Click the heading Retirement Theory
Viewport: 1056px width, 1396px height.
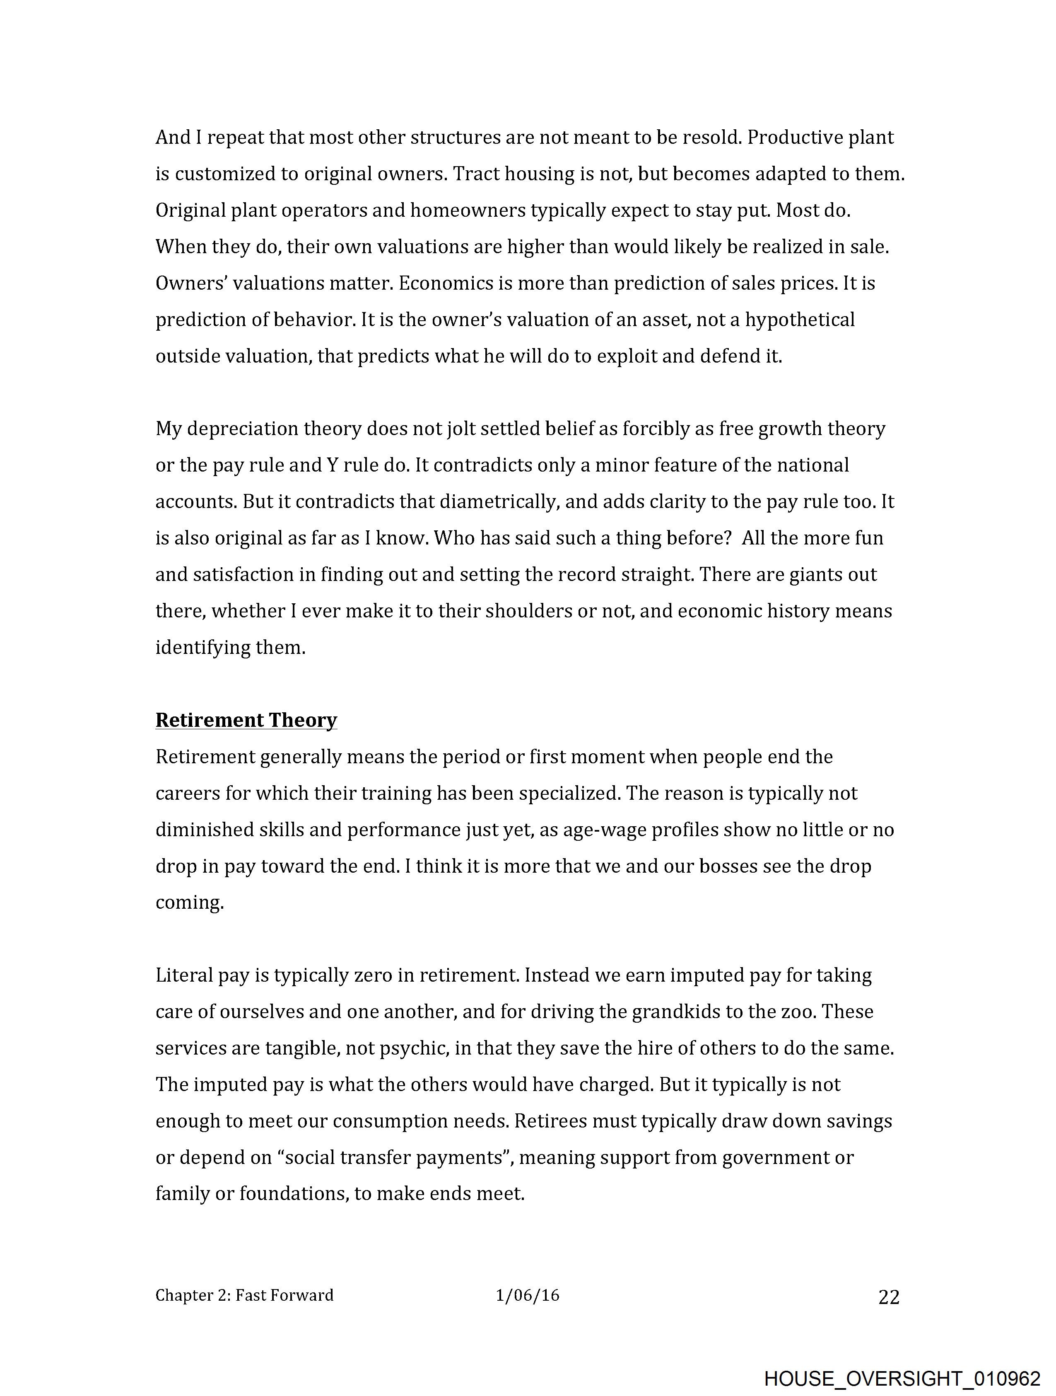coord(246,720)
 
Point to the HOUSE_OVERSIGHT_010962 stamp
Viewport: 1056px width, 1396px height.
coord(902,1378)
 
